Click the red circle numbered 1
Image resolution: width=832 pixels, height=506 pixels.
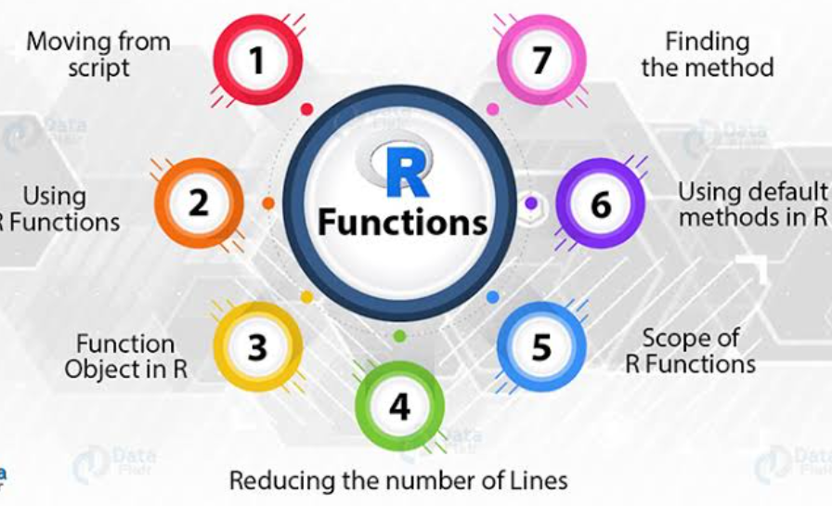coord(258,60)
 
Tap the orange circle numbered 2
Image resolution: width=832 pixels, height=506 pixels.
coord(199,202)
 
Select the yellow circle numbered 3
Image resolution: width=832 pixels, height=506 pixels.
coord(258,346)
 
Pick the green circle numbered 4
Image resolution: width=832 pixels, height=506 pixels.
coord(400,406)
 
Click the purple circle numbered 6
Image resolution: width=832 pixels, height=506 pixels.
coord(601,202)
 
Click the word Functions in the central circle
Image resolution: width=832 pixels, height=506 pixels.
coord(402,222)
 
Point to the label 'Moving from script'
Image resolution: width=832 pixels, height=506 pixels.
coord(97,54)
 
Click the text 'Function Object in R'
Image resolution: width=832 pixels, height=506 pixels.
coord(125,357)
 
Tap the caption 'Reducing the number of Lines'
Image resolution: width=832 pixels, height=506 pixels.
coord(397,481)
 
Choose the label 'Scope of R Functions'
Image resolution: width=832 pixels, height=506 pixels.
coord(690,350)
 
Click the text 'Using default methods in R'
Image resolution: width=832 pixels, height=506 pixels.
coord(752,204)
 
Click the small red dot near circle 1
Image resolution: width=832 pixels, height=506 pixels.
coord(306,109)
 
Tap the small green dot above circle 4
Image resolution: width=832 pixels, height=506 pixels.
coord(400,335)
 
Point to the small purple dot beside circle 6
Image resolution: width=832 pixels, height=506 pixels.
coord(531,202)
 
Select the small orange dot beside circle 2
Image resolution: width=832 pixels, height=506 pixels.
coord(268,202)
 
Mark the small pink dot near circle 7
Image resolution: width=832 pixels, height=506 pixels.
coord(493,109)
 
